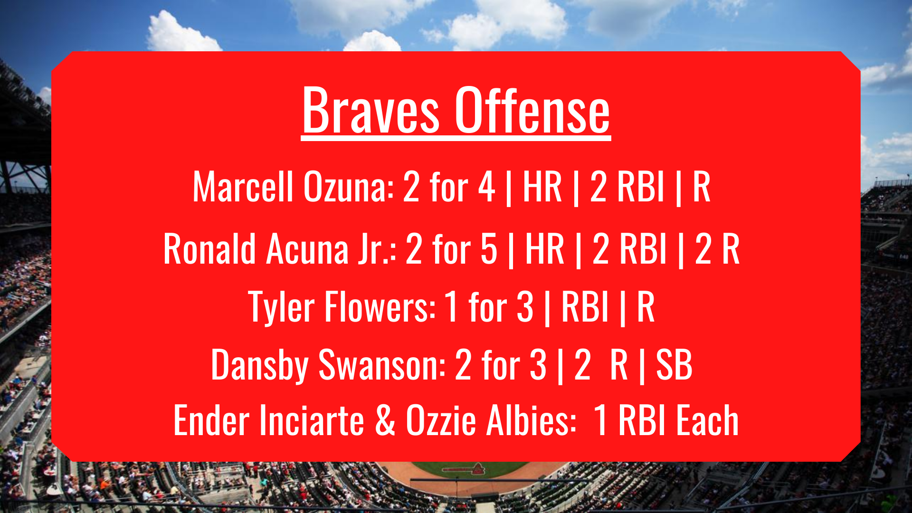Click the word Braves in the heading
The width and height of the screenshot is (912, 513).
pos(370,110)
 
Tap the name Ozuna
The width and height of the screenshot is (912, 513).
pos(349,187)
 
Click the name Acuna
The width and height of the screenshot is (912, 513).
pos(307,249)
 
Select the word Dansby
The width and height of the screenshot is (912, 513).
pos(260,365)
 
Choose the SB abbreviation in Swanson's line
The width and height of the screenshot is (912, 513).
pos(674,365)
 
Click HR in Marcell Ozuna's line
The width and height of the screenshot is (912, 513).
pos(542,187)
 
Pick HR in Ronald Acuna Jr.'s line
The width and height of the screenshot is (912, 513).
pos(545,249)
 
